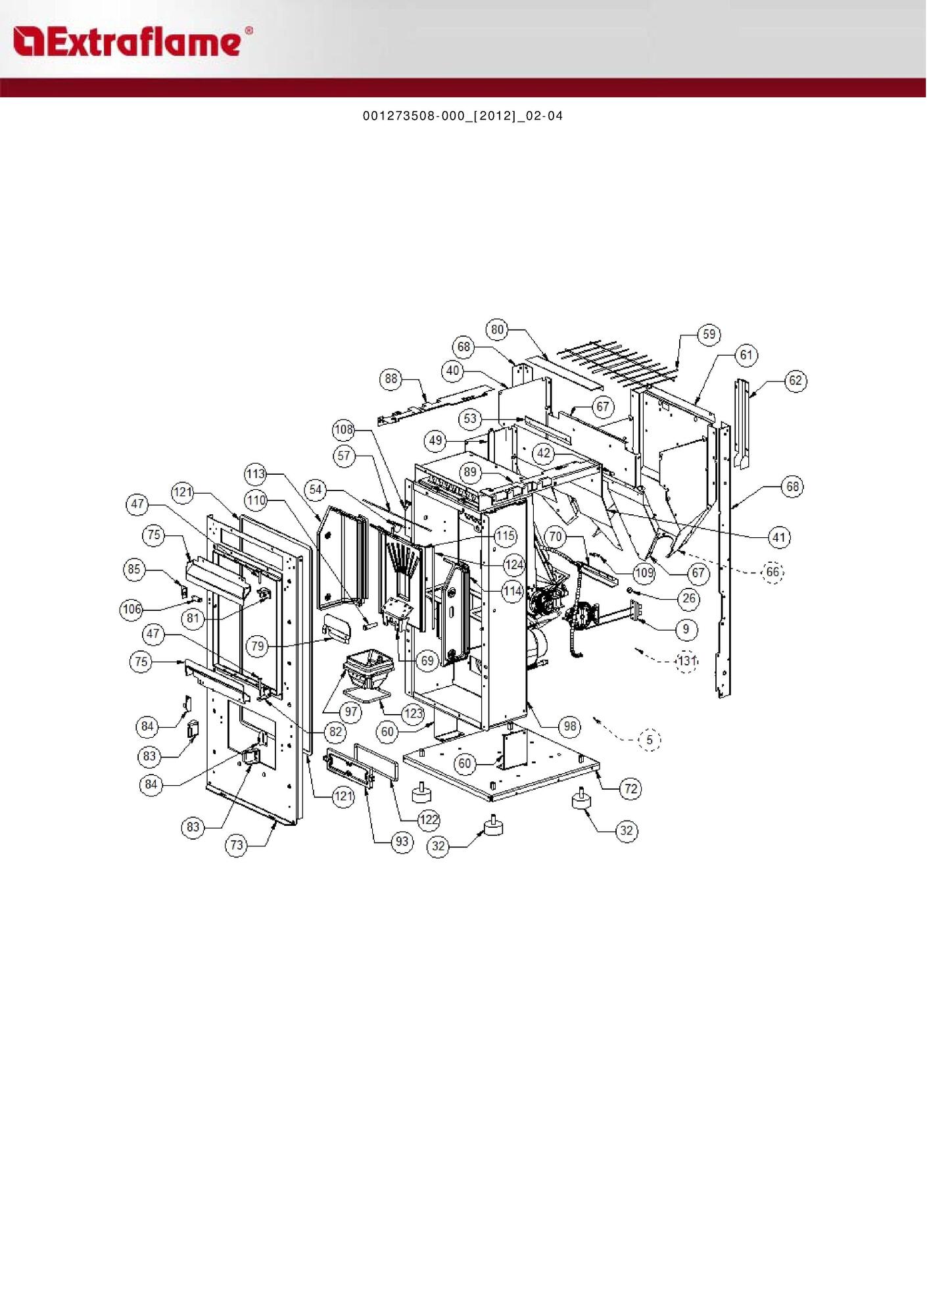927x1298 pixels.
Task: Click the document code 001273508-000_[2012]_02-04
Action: pos(463,116)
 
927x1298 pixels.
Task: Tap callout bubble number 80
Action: pos(498,329)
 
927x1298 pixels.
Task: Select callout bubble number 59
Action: pos(709,334)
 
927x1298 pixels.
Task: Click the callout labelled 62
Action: pos(796,381)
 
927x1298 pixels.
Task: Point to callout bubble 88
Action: pos(391,379)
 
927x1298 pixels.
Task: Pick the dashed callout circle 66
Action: pos(772,571)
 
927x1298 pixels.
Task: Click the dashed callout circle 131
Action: pos(686,661)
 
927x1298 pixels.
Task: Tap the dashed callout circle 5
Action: pos(650,740)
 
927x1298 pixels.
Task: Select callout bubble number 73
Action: pos(237,846)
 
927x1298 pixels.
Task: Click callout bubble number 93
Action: pos(402,842)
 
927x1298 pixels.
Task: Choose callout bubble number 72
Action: pos(630,788)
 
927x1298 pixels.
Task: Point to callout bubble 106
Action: pos(132,610)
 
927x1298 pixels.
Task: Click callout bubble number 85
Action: pos(134,569)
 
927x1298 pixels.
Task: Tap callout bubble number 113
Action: pos(255,473)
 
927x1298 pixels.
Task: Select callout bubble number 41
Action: pos(779,537)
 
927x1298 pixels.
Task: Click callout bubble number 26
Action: pos(688,598)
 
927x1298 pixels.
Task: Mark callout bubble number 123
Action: pos(414,713)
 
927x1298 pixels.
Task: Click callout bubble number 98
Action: pos(569,726)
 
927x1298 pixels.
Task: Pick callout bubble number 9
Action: pos(686,629)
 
